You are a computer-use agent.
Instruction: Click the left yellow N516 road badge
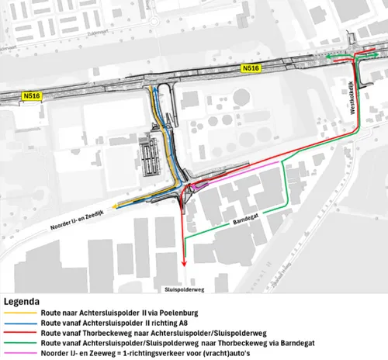pos(32,97)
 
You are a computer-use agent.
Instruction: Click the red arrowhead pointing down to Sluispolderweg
pos(184,265)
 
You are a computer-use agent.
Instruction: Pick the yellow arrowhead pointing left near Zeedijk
pos(115,206)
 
